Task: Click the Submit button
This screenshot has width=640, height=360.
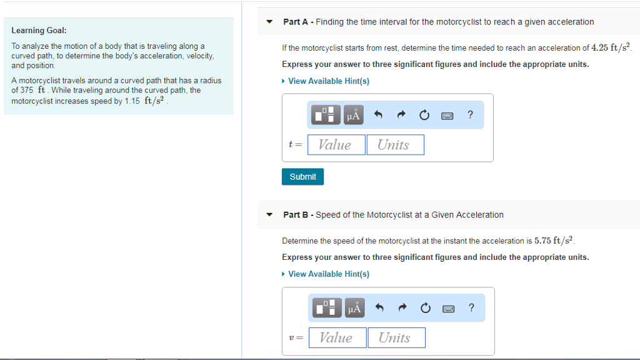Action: (x=302, y=177)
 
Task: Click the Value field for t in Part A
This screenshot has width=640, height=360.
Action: (x=335, y=145)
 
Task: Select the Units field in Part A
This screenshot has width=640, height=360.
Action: (x=394, y=145)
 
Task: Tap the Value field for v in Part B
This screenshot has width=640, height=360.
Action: (x=336, y=337)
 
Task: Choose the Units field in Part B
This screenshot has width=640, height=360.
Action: (x=396, y=337)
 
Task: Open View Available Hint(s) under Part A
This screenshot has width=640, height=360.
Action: (x=328, y=81)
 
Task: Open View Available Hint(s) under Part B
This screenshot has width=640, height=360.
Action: (x=328, y=274)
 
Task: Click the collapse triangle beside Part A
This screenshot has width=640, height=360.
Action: (x=269, y=22)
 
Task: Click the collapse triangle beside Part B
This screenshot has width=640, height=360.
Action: (x=269, y=215)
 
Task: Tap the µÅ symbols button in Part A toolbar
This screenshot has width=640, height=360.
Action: (x=353, y=115)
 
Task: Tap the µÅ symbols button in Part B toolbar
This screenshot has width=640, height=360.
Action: (x=354, y=308)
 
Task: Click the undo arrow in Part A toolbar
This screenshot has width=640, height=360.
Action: (x=377, y=115)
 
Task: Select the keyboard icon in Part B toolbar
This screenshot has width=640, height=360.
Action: (x=447, y=308)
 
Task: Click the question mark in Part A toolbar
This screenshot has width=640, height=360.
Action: (x=470, y=115)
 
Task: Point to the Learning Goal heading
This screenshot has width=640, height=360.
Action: (x=39, y=30)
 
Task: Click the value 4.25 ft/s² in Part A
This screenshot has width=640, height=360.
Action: (x=611, y=48)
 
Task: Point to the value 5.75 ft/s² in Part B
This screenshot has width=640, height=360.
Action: (x=554, y=240)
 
